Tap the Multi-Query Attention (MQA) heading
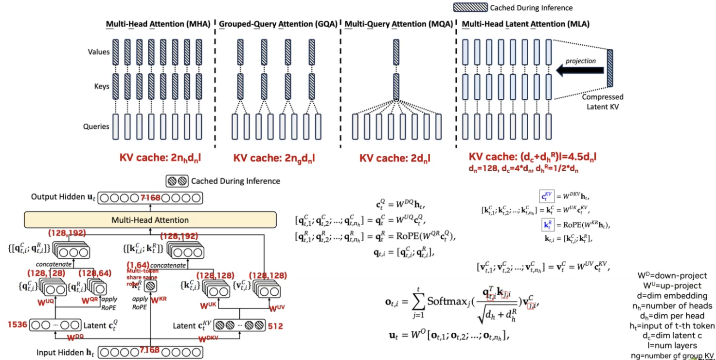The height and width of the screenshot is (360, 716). (x=398, y=23)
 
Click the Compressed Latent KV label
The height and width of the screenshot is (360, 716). (x=603, y=101)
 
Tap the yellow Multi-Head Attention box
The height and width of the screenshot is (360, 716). (x=150, y=220)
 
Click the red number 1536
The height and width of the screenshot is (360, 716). (x=17, y=324)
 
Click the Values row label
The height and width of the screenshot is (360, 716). (x=98, y=52)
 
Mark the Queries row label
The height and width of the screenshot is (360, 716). (x=96, y=126)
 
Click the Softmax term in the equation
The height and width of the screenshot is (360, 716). (x=447, y=301)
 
